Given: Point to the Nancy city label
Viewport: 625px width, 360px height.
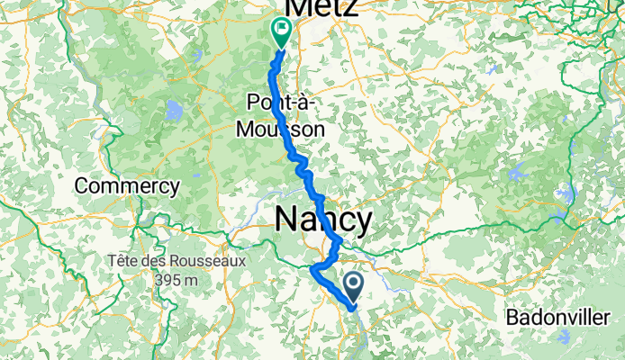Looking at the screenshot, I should [x=322, y=220].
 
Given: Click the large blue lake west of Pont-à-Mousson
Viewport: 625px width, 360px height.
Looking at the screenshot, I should [x=172, y=112].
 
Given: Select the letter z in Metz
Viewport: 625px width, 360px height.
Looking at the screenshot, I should [x=349, y=7].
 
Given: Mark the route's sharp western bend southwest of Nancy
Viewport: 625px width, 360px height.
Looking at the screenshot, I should [x=312, y=268].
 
